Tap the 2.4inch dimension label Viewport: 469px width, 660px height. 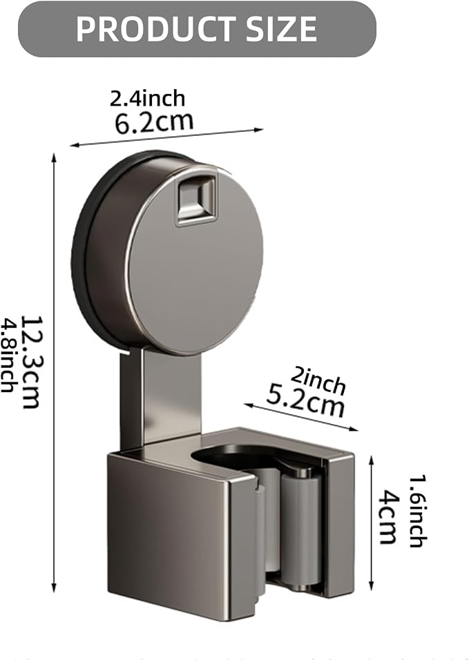click(x=147, y=99)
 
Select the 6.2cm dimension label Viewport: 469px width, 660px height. click(x=154, y=122)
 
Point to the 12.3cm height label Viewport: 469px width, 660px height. click(x=31, y=362)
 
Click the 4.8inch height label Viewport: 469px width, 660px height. click(x=8, y=356)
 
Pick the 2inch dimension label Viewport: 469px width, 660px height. click(x=318, y=380)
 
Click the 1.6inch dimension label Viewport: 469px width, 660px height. click(x=419, y=511)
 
